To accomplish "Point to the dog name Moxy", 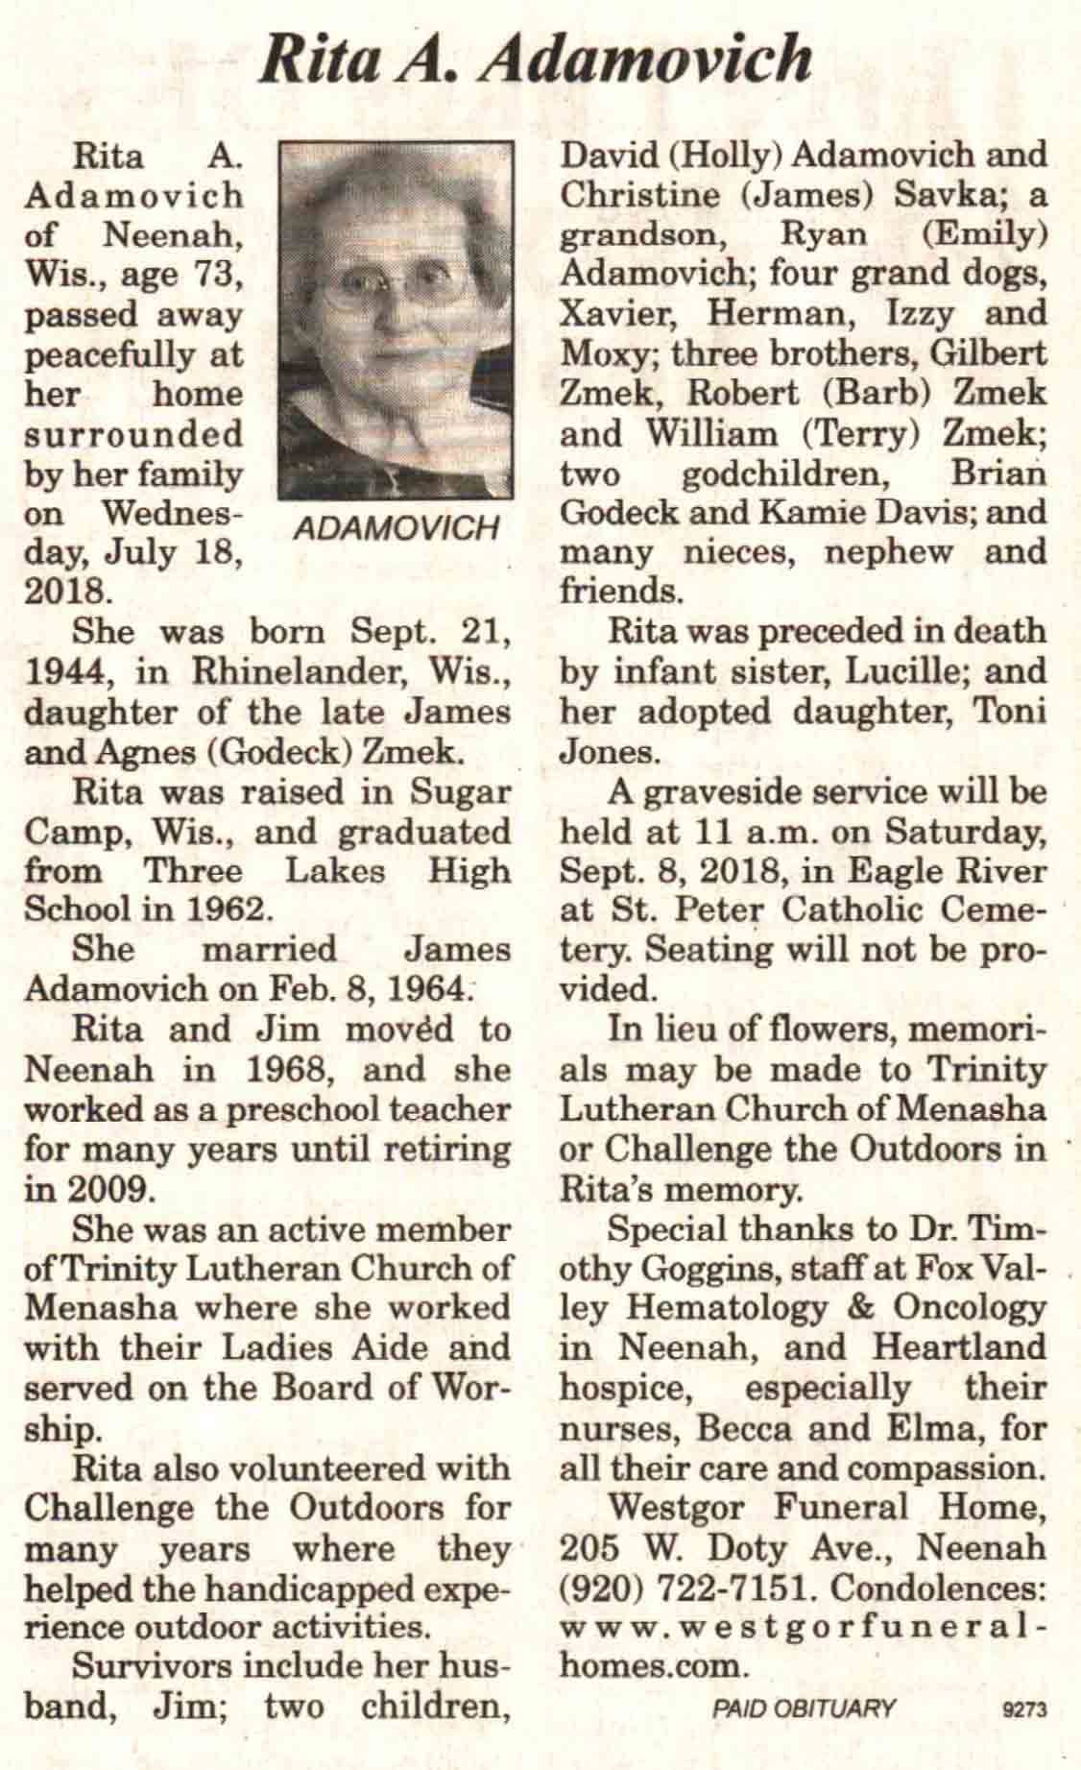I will (604, 354).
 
